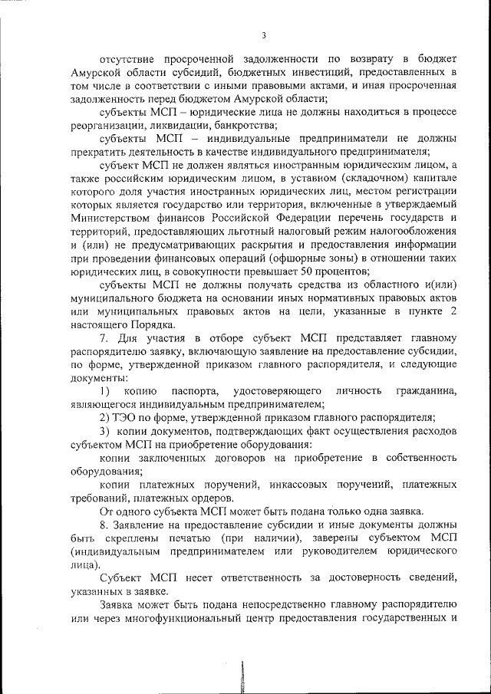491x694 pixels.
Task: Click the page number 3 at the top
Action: click(x=263, y=35)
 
